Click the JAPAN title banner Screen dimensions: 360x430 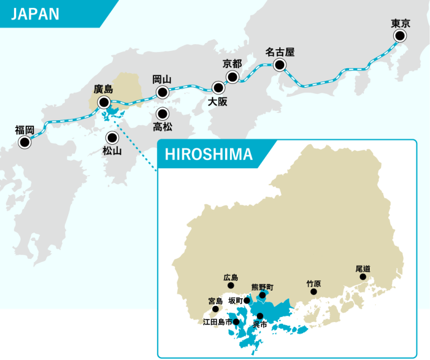tap(35, 14)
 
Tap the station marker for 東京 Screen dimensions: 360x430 tap(400, 36)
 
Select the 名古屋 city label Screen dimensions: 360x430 tap(279, 53)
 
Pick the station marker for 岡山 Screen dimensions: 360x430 tap(163, 92)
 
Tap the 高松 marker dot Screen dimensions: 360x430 tap(163, 113)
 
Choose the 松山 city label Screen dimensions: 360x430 tap(112, 150)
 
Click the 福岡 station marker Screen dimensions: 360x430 tap(25, 143)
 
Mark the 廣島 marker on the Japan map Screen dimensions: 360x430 tap(104, 102)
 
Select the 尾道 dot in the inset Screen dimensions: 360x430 tap(363, 277)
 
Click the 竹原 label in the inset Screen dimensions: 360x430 tap(314, 283)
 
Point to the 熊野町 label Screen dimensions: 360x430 tap(262, 287)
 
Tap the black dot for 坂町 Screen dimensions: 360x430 tap(247, 300)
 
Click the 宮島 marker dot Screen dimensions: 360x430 tap(216, 309)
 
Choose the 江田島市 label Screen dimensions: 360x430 tap(217, 322)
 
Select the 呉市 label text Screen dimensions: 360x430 tap(260, 324)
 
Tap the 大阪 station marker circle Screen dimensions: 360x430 tap(218, 88)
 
